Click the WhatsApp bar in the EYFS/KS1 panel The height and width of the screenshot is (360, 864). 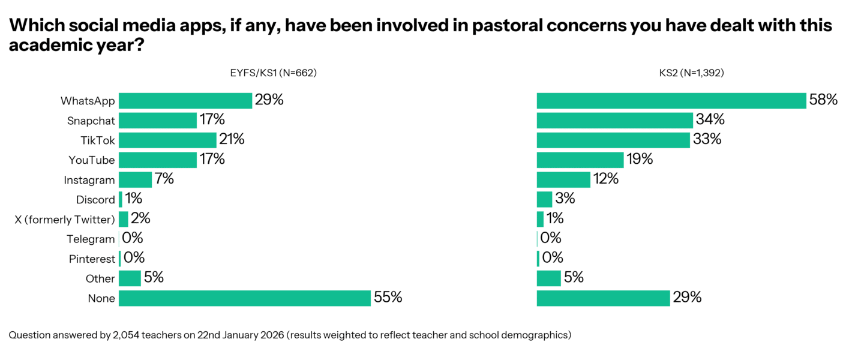pos(185,100)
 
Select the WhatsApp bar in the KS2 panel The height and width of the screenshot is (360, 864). pos(671,100)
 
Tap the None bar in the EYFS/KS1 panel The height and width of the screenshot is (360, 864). pos(244,298)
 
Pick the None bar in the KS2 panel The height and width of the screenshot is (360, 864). pos(603,298)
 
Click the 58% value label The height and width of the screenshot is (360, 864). pos(823,100)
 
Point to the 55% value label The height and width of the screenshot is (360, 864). pos(388,298)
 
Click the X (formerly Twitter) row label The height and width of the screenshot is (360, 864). pos(65,220)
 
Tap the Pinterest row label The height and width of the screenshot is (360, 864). pos(92,259)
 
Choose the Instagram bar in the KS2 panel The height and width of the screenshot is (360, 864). pos(563,179)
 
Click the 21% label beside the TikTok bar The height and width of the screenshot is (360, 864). pos(232,140)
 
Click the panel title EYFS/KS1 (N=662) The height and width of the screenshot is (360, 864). pos(273,73)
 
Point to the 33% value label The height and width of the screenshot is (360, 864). pos(707,140)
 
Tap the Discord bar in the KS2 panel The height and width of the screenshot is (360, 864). pos(544,199)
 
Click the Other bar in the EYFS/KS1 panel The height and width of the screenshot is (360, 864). pos(130,278)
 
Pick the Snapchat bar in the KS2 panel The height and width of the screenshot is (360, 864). pos(614,120)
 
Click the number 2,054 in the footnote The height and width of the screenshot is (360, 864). pos(128,335)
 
